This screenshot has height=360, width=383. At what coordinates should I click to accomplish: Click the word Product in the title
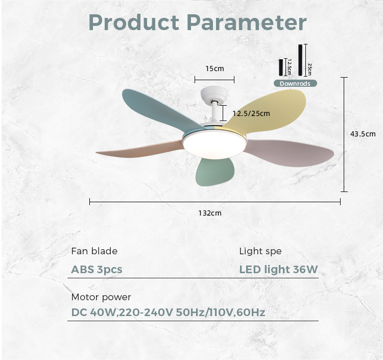(x=134, y=22)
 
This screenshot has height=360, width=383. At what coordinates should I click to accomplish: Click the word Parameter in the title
(x=247, y=22)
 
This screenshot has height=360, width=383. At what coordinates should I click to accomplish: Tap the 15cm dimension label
(x=214, y=68)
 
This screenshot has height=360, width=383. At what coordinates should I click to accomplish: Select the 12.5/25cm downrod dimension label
(x=251, y=113)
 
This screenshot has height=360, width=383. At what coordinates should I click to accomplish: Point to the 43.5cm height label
(x=363, y=134)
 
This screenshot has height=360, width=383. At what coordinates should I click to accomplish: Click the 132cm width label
(x=210, y=213)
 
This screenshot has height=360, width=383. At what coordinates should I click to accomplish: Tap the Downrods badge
(x=295, y=84)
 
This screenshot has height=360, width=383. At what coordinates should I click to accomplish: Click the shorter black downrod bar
(x=281, y=67)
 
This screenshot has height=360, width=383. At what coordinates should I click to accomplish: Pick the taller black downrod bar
(x=300, y=60)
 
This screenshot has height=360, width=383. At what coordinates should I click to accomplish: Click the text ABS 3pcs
(x=97, y=270)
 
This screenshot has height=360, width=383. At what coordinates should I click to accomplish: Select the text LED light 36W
(x=278, y=270)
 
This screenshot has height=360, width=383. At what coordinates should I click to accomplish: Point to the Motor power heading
(x=101, y=297)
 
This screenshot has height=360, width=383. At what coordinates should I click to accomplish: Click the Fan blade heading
(x=94, y=251)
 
